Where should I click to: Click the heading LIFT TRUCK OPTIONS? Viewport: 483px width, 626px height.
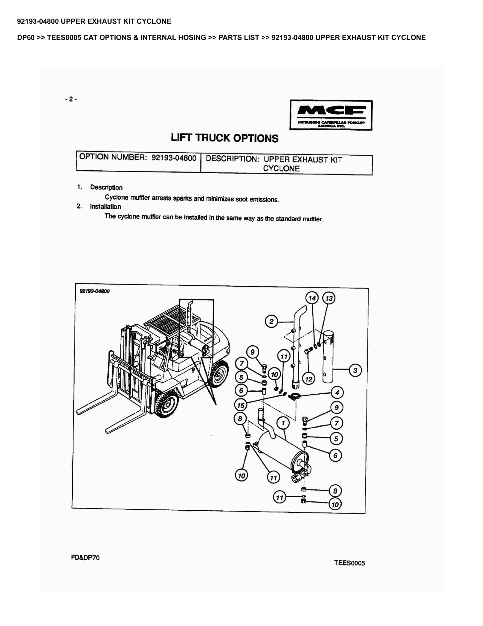click(224, 138)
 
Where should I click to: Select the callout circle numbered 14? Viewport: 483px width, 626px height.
click(312, 298)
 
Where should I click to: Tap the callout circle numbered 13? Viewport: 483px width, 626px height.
click(329, 298)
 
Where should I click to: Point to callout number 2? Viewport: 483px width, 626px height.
click(271, 321)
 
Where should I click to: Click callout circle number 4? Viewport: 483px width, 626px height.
click(337, 393)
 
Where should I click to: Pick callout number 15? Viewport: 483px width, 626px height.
click(241, 405)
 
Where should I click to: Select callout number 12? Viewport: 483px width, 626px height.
click(309, 379)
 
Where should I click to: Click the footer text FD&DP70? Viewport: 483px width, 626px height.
click(85, 557)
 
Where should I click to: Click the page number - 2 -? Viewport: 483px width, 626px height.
click(71, 99)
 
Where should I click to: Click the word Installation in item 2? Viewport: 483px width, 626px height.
click(105, 206)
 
